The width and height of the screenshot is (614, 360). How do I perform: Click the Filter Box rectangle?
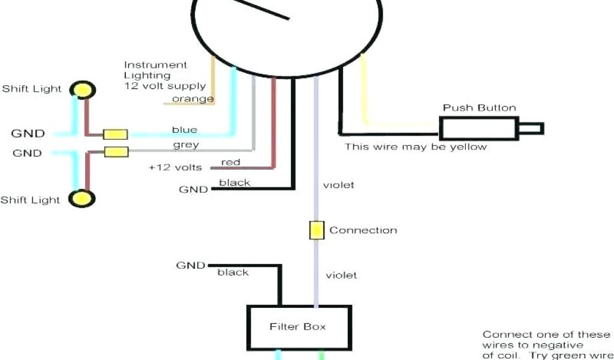(299, 328)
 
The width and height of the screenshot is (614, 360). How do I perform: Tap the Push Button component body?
(478, 128)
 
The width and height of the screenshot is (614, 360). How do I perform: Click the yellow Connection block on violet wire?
(316, 230)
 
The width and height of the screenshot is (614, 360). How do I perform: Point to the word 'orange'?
(192, 99)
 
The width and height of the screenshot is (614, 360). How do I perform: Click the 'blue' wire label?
(184, 130)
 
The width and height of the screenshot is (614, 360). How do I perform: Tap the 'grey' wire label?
(186, 145)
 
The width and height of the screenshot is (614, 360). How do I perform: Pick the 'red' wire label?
(231, 162)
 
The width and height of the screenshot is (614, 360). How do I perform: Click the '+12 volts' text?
(175, 167)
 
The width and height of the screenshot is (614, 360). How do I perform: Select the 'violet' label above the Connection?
(339, 185)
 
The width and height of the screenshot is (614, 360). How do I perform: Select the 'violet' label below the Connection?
(341, 275)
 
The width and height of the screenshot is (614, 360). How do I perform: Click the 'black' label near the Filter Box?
(233, 272)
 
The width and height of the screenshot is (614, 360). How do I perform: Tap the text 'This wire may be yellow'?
(416, 146)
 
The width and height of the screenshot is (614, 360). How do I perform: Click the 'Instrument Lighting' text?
(155, 70)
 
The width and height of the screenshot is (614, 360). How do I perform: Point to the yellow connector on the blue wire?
(115, 134)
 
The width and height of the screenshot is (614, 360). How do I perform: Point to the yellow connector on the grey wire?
(116, 152)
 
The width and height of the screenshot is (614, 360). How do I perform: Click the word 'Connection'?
(363, 230)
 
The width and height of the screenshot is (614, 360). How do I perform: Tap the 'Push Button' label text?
(479, 108)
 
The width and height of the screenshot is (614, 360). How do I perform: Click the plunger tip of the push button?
(531, 128)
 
